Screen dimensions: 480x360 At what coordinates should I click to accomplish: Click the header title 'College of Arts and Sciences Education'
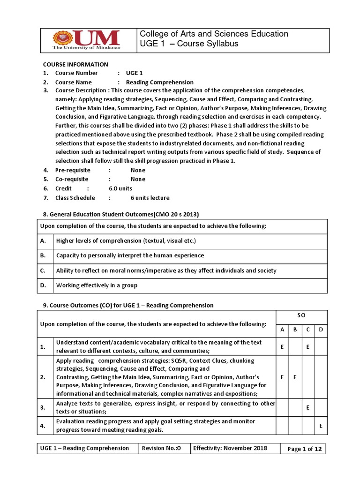click(x=214, y=34)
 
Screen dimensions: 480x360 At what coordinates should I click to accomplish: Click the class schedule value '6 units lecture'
click(x=150, y=198)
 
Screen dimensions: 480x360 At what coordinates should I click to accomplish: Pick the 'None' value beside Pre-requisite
click(x=138, y=170)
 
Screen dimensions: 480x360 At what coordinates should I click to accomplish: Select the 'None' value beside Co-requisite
click(x=138, y=179)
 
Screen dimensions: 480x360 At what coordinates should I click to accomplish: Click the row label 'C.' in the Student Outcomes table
click(x=43, y=270)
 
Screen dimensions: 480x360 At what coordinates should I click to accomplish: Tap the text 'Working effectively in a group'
click(x=97, y=285)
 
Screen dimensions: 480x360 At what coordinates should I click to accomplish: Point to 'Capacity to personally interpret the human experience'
click(x=130, y=255)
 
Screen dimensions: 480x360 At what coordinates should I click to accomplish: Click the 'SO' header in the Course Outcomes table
click(x=301, y=315)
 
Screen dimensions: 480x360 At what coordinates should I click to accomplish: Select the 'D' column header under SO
click(x=321, y=330)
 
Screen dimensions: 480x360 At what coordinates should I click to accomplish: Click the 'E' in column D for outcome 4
click(x=321, y=426)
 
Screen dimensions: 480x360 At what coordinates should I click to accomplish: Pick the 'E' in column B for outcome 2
click(x=295, y=377)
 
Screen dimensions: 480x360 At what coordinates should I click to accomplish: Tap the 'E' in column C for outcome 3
click(x=308, y=408)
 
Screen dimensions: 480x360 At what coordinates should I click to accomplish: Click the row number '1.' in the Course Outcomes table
click(x=43, y=347)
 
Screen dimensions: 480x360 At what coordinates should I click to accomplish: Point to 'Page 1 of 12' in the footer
click(x=305, y=449)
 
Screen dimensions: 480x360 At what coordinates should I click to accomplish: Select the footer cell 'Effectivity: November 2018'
click(x=230, y=448)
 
